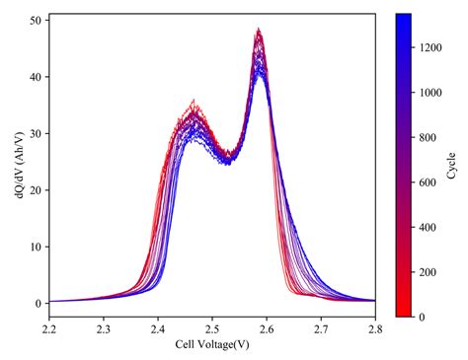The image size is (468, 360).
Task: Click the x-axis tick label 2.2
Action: coord(47,327)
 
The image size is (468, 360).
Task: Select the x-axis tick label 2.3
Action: coord(102,327)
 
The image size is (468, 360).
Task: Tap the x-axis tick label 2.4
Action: coord(157,327)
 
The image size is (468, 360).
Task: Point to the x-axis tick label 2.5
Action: coord(211,327)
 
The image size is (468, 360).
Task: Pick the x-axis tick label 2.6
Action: coord(266,327)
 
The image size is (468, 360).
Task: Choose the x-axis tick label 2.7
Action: coord(321,327)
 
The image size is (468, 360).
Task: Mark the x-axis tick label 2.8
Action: coord(375,327)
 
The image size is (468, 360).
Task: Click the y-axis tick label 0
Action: coord(37,303)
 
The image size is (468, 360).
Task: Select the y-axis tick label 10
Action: coord(34,247)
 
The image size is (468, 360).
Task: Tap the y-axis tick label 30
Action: coord(34,133)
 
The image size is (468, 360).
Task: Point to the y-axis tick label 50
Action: coord(34,20)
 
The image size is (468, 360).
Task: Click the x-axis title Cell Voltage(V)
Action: coord(211,344)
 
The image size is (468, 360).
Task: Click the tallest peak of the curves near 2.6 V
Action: coord(259,31)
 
